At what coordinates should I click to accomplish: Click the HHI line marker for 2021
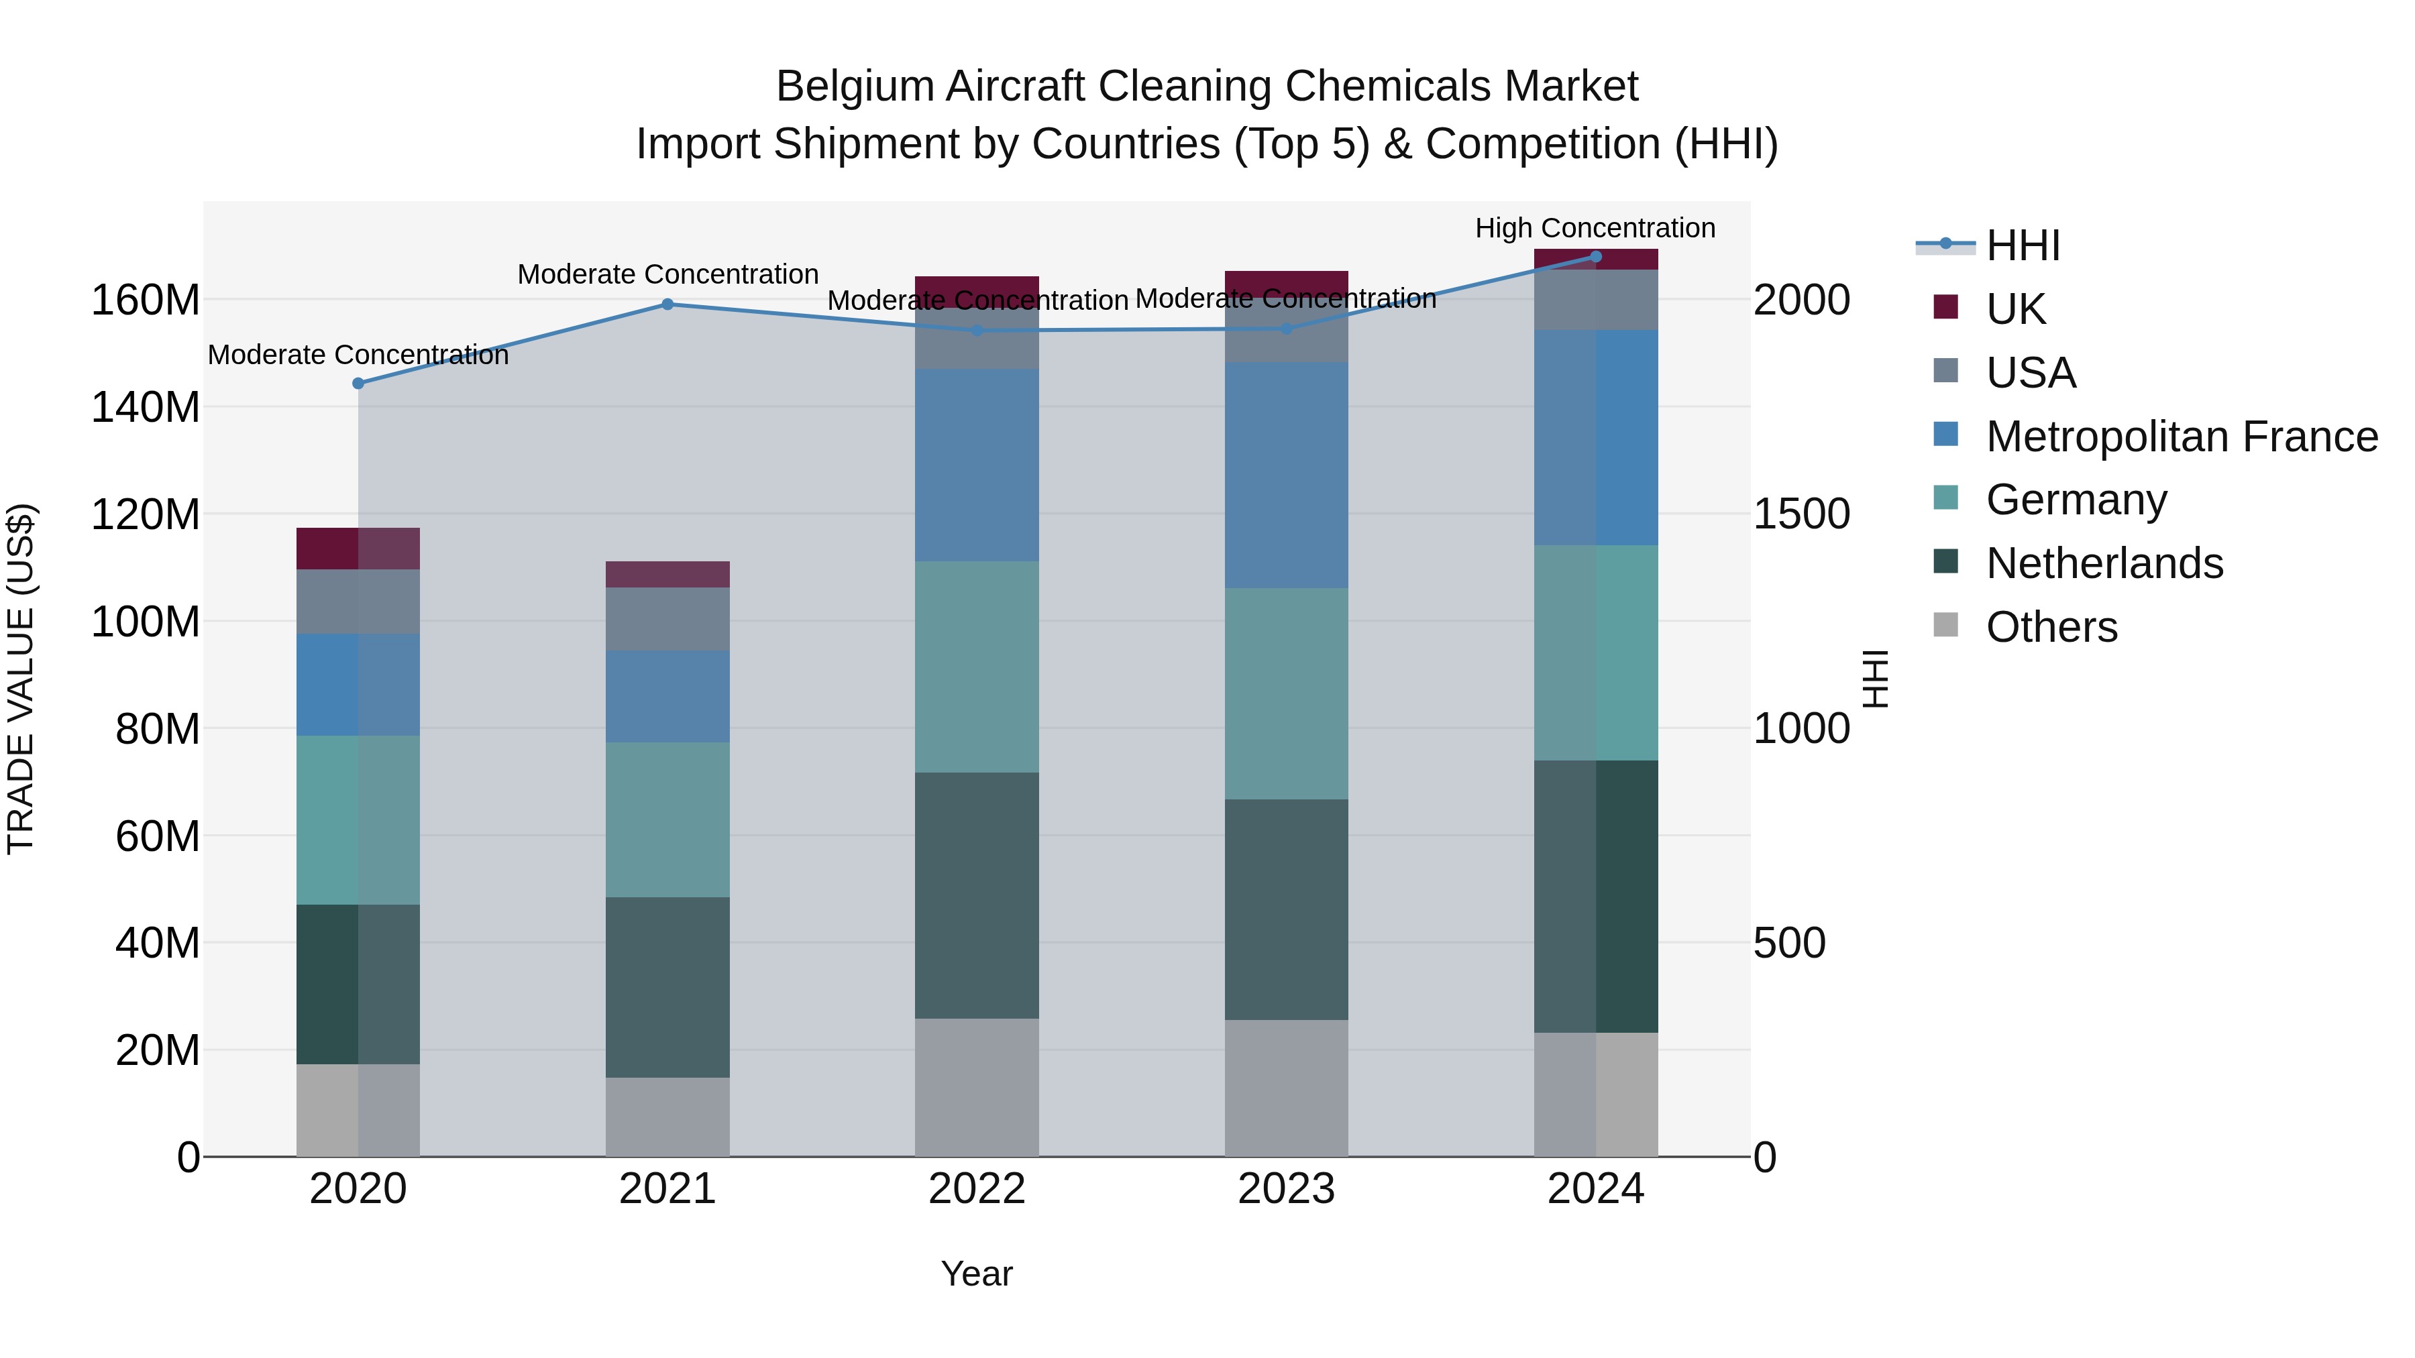pos(667,304)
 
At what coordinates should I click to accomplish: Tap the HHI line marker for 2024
pos(1596,257)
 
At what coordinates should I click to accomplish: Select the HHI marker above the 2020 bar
pos(358,384)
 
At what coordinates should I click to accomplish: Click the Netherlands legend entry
pos(2104,563)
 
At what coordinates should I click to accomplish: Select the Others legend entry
pos(2051,627)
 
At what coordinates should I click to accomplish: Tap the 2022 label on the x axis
pos(977,1189)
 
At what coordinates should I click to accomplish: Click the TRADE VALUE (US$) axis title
pos(21,679)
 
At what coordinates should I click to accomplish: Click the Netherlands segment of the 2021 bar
pos(667,987)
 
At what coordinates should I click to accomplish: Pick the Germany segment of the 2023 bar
pos(1286,693)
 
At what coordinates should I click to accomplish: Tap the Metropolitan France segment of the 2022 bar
pos(977,465)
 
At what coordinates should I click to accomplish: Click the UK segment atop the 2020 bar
pos(358,549)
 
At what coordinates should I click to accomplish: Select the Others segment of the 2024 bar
pos(1596,1094)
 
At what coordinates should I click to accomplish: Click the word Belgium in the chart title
pos(855,87)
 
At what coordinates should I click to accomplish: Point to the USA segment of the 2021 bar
pos(667,618)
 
